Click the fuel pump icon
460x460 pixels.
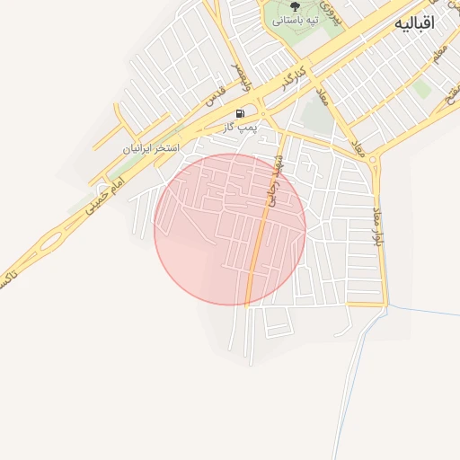(x=240, y=114)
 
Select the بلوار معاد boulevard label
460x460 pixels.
(x=376, y=224)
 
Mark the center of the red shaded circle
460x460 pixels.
(x=230, y=228)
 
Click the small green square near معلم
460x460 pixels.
(x=421, y=88)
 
